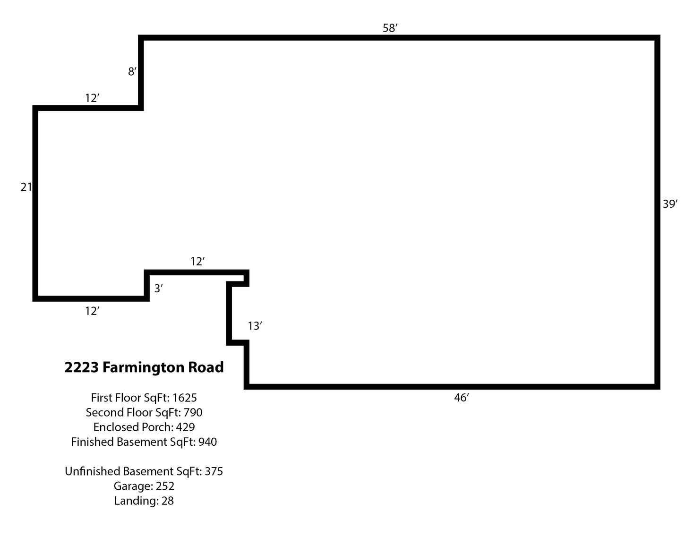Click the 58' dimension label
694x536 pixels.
click(390, 28)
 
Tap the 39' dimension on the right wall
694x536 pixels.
click(670, 204)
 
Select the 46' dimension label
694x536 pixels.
click(461, 398)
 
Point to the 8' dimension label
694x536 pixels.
click(132, 72)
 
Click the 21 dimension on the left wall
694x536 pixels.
click(26, 187)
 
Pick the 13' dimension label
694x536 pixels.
click(255, 326)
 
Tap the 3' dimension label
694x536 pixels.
click(159, 289)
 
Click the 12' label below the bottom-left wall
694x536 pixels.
click(92, 311)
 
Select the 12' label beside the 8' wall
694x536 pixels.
click(92, 98)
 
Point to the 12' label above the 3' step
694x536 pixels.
click(197, 261)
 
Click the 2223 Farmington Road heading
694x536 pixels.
click(144, 367)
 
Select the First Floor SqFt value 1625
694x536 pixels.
click(185, 398)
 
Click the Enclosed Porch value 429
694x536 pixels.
click(185, 427)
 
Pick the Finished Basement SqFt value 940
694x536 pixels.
click(208, 442)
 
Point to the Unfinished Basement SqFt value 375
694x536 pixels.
click(214, 471)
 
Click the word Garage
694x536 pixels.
click(130, 486)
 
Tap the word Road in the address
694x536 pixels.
click(206, 367)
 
